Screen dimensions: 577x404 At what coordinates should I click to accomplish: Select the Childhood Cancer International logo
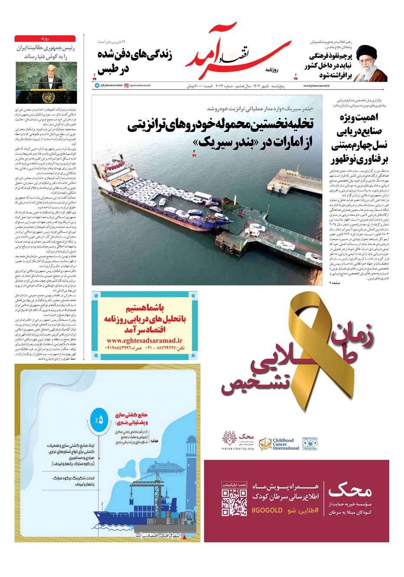pyautogui.click(x=279, y=444)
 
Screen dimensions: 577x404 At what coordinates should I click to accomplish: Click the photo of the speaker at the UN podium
pyautogui.click(x=46, y=82)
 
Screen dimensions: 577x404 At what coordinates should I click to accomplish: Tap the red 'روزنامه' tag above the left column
pyautogui.click(x=45, y=39)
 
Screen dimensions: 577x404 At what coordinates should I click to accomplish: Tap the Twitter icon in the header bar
pyautogui.click(x=97, y=86)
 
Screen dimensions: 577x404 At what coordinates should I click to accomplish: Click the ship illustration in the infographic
pyautogui.click(x=147, y=515)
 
